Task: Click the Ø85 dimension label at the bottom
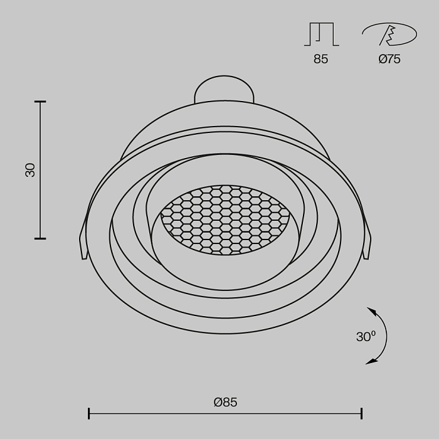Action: pyautogui.click(x=225, y=402)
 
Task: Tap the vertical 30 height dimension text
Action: pyautogui.click(x=30, y=169)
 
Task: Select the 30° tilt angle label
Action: pyautogui.click(x=366, y=337)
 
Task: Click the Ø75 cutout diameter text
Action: pyautogui.click(x=389, y=60)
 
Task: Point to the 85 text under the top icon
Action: pyautogui.click(x=320, y=60)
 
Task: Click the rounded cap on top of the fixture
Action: pyautogui.click(x=224, y=89)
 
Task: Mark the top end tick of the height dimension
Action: pyautogui.click(x=40, y=102)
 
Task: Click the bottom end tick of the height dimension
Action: pyautogui.click(x=40, y=238)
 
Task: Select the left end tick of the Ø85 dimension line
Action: pyautogui.click(x=89, y=413)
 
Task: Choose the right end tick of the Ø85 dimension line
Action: pyautogui.click(x=362, y=413)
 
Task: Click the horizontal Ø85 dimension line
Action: pyautogui.click(x=225, y=413)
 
